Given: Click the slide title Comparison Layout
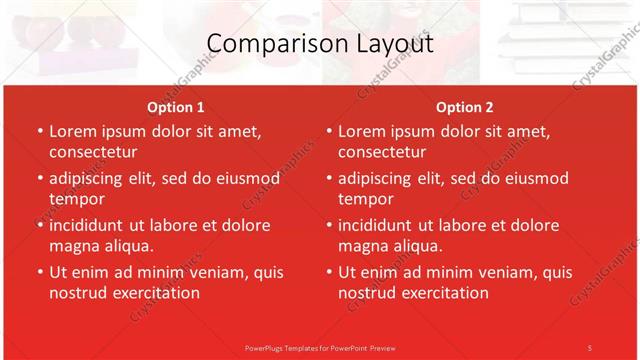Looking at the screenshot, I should (x=320, y=44).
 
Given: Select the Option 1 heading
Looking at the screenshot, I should (x=176, y=107).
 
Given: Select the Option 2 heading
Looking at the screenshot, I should (x=465, y=107).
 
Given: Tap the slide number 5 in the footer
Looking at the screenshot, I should (x=590, y=347).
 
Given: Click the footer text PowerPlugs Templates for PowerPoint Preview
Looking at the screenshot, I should (x=320, y=347).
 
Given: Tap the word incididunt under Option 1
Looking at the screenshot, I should (x=91, y=225).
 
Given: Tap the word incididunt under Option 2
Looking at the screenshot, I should (x=380, y=225).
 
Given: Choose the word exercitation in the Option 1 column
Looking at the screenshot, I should (x=154, y=293).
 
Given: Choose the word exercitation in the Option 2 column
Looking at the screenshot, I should (x=443, y=293).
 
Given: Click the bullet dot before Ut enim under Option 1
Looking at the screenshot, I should (x=38, y=272).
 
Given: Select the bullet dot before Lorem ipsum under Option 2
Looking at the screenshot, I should (x=327, y=131).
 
